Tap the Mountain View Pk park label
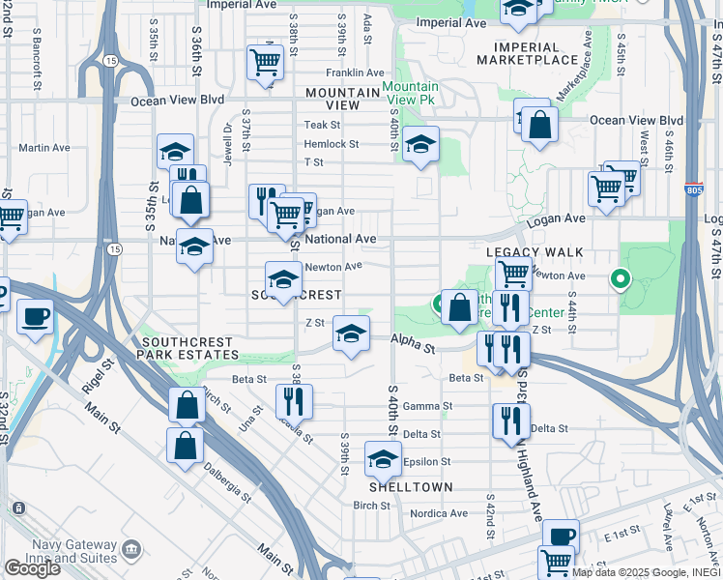(x=410, y=93)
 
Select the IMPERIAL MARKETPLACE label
(x=535, y=53)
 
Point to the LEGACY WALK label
(x=535, y=252)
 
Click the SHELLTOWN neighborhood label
(x=410, y=487)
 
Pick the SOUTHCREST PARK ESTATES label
(x=188, y=349)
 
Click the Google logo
(x=32, y=567)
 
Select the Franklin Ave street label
(x=355, y=72)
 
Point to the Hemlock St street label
(x=332, y=144)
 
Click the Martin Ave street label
(x=44, y=148)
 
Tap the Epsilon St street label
(x=427, y=461)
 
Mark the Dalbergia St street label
(x=228, y=484)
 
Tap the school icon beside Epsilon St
(x=384, y=458)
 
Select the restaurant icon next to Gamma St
(x=293, y=399)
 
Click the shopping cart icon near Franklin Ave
(x=264, y=62)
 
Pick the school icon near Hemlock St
(x=420, y=144)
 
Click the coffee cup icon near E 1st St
(x=560, y=536)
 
